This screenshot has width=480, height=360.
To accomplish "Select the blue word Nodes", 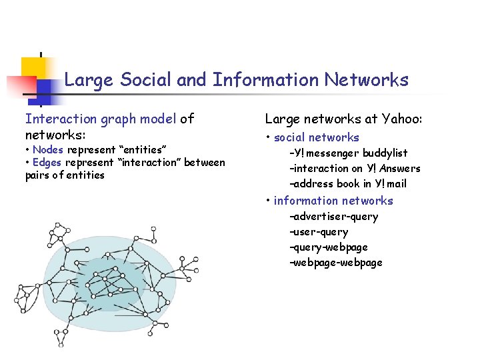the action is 47,149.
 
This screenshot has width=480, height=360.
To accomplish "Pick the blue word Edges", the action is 47,162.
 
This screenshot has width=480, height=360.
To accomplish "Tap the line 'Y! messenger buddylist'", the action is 348,153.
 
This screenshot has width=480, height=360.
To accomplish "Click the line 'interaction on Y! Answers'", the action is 355,168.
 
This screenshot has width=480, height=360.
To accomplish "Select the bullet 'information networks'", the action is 333,200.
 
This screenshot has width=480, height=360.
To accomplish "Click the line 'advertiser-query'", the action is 333,216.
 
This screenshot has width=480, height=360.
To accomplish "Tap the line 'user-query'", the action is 319,231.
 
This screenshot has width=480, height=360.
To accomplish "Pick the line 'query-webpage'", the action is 328,247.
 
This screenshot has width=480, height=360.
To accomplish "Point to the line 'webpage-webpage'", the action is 335,262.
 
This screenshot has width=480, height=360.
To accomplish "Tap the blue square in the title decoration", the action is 46,89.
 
